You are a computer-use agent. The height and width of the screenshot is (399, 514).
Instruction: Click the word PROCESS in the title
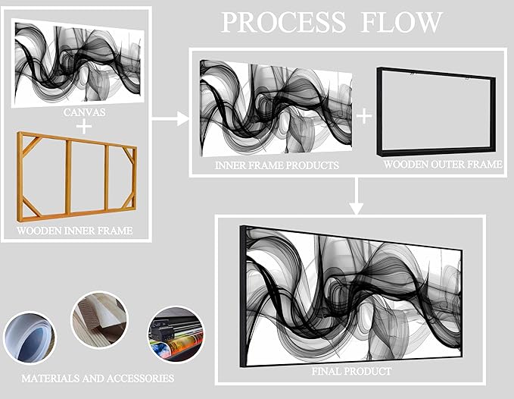click(284, 22)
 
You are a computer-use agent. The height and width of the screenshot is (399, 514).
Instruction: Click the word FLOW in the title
click(401, 22)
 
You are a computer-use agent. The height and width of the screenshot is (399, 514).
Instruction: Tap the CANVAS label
click(84, 112)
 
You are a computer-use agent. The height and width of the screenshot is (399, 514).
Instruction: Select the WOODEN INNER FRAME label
click(75, 231)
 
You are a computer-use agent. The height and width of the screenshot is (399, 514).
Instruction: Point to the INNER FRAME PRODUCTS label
click(277, 165)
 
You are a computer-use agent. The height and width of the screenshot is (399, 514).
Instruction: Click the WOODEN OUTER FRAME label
click(443, 164)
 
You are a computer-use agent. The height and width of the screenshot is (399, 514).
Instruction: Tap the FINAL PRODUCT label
click(351, 371)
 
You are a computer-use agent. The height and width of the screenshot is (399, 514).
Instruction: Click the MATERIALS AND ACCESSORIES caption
click(98, 379)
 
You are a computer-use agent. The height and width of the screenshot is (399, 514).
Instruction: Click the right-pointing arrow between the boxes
click(170, 118)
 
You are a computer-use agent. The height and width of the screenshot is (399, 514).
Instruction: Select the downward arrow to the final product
click(357, 196)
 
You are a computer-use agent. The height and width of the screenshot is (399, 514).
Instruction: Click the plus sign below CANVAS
click(84, 126)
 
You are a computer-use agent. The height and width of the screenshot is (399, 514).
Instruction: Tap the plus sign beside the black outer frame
click(364, 116)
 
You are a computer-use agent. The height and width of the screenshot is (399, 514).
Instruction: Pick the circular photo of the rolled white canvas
click(30, 338)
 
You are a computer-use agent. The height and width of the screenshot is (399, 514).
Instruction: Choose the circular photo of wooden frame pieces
click(100, 320)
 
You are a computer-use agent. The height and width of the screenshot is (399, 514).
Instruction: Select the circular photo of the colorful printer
click(176, 335)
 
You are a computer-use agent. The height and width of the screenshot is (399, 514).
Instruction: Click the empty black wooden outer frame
click(436, 112)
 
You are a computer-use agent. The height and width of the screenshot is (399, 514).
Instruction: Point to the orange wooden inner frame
click(76, 177)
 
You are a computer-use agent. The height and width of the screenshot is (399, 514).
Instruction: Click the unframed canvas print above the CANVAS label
click(78, 63)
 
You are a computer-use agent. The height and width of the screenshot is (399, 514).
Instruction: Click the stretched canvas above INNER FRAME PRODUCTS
click(276, 108)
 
